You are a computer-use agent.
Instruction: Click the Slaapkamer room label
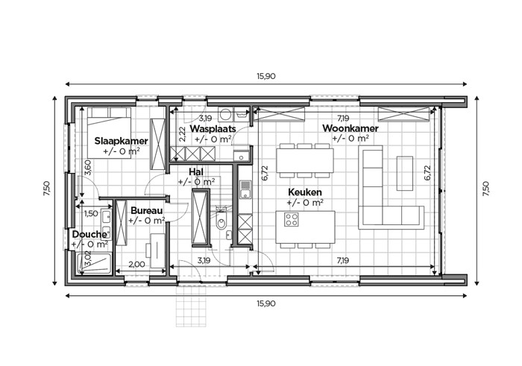[x=121, y=141]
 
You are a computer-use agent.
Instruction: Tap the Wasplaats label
[x=213, y=129]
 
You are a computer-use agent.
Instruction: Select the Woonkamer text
[x=350, y=128]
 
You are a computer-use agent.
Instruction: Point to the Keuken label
[x=305, y=192]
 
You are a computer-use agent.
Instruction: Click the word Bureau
[x=146, y=211]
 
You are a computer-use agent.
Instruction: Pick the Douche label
[x=89, y=234]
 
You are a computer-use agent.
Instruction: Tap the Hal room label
[x=196, y=172]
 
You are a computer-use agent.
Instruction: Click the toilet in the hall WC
[x=221, y=220]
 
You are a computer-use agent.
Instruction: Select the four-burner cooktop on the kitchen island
[x=292, y=220]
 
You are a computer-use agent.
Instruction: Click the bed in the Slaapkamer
[x=109, y=133]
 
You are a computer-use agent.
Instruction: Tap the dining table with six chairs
[x=305, y=160]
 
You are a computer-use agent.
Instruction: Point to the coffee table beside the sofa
[x=405, y=173]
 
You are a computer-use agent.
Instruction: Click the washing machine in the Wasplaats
[x=226, y=114]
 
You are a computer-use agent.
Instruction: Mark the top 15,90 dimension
[x=266, y=76]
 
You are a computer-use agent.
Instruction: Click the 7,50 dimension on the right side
[x=486, y=189]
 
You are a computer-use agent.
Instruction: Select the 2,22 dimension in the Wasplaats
[x=183, y=135]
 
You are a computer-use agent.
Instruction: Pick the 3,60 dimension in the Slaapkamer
[x=87, y=168]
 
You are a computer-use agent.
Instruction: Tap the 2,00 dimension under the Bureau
[x=136, y=265]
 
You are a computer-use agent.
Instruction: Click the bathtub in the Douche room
[x=95, y=264]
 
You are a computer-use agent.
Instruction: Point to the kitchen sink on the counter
[x=245, y=189]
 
